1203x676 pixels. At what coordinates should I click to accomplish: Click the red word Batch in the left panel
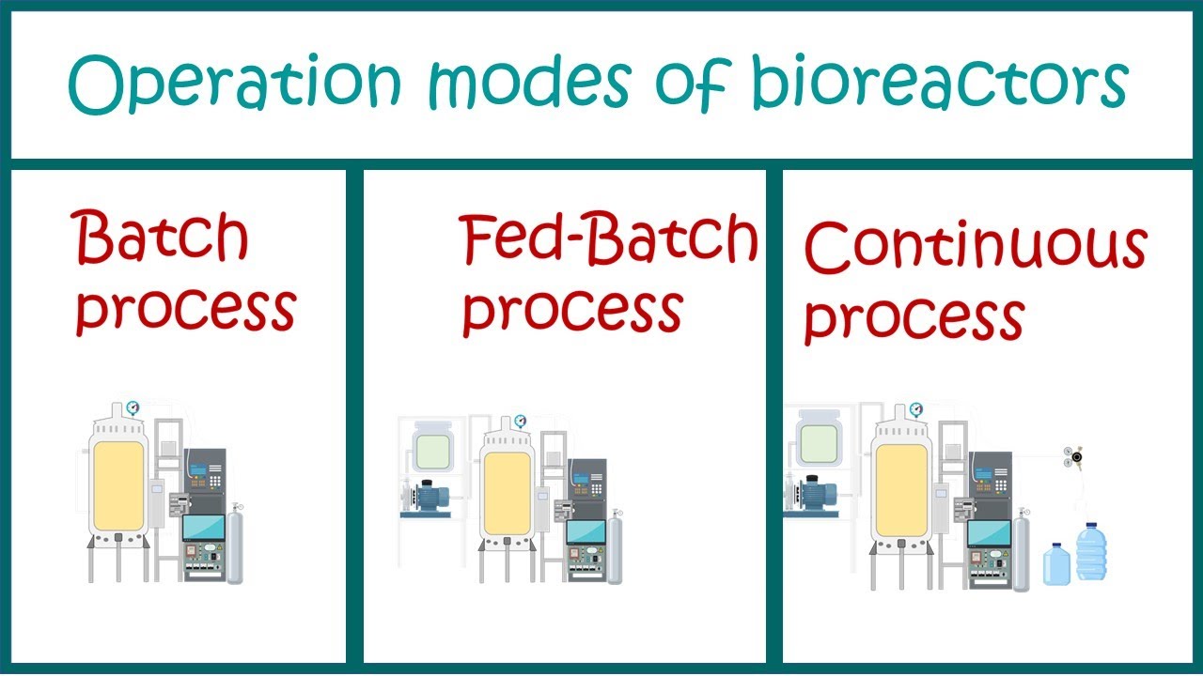(162, 236)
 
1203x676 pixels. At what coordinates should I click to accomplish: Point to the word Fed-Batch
(608, 239)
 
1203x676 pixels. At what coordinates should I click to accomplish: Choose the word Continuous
(975, 246)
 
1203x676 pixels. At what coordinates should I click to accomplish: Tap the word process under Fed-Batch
(571, 309)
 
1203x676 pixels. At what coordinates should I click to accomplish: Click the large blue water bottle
(1090, 551)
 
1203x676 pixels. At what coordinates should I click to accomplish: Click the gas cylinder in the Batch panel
(235, 546)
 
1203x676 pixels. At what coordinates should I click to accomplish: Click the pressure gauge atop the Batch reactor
(132, 407)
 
